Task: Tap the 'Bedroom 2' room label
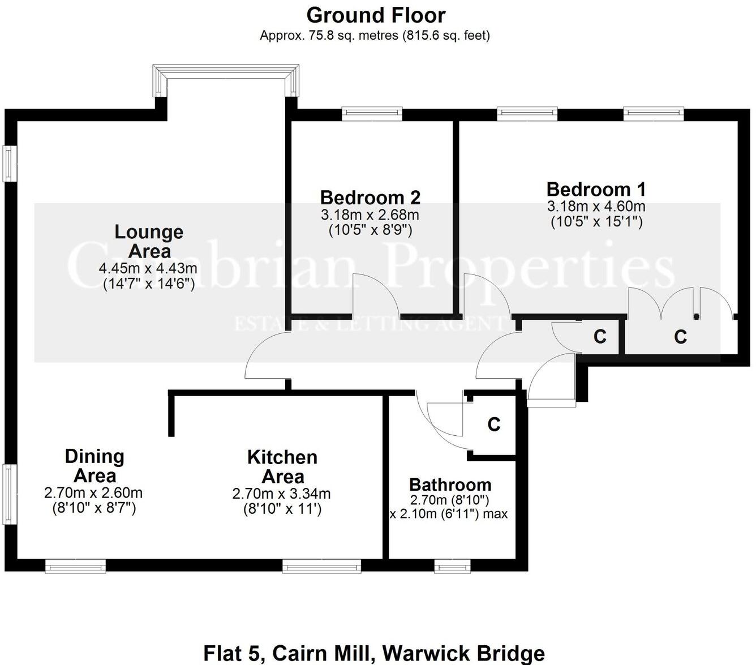point(370,198)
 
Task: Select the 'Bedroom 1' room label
point(596,189)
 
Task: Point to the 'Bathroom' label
point(450,485)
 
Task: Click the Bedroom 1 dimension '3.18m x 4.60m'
point(596,207)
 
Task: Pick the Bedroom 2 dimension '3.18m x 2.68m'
point(370,215)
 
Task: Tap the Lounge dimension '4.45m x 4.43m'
point(148,268)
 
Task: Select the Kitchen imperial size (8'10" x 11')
point(282,509)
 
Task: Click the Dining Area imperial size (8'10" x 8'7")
point(94,508)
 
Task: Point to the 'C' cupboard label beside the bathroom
point(493,424)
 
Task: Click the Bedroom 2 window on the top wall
point(372,114)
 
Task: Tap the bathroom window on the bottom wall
point(452,565)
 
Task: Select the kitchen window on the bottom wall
point(321,565)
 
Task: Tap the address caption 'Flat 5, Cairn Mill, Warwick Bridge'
point(374,653)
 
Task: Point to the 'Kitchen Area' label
point(282,466)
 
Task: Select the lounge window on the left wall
point(10,164)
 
